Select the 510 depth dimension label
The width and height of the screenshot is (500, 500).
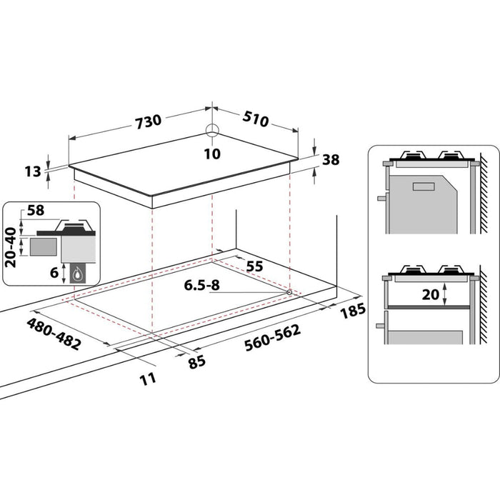(x=255, y=119)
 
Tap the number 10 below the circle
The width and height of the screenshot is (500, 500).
(x=212, y=153)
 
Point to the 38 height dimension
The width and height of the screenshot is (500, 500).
(x=331, y=160)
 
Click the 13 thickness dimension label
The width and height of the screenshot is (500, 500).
(x=32, y=171)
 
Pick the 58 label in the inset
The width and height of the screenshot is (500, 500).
(x=34, y=211)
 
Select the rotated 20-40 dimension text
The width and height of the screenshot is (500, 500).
(x=11, y=247)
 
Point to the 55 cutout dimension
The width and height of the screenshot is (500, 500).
(x=254, y=266)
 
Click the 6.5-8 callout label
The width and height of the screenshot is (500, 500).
(x=201, y=285)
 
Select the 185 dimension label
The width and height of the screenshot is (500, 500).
(x=354, y=310)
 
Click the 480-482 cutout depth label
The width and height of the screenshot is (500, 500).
(x=54, y=332)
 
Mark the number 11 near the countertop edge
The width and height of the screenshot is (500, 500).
(x=148, y=378)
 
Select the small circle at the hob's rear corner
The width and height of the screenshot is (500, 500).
(x=212, y=130)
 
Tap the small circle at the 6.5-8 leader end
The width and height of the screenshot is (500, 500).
(x=288, y=292)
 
